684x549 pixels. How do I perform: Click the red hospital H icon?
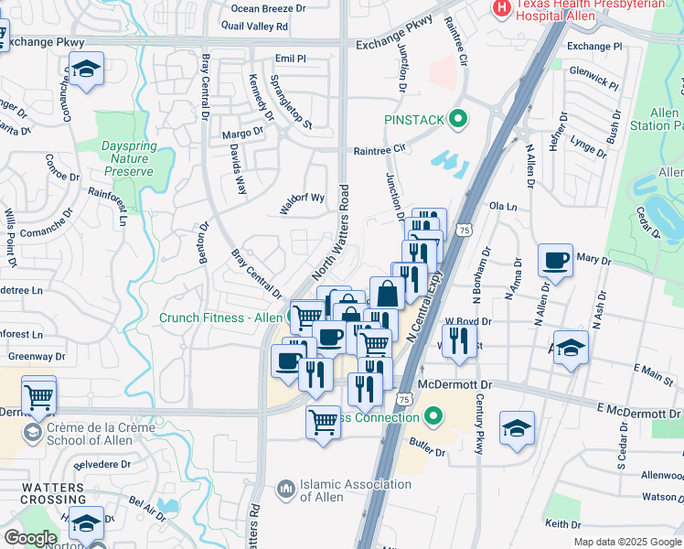pyautogui.click(x=502, y=8)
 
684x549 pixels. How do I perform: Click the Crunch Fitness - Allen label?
pyautogui.click(x=220, y=318)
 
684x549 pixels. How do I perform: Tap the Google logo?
pyautogui.click(x=30, y=538)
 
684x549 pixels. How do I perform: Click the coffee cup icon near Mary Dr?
pyautogui.click(x=556, y=260)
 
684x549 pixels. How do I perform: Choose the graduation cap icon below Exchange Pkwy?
pyautogui.click(x=87, y=70)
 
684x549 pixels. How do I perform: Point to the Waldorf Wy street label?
pyautogui.click(x=303, y=199)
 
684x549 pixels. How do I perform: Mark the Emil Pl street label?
pyautogui.click(x=290, y=58)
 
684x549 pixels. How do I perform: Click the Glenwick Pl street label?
pyautogui.click(x=593, y=80)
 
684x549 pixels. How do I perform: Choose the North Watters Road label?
pyautogui.click(x=331, y=233)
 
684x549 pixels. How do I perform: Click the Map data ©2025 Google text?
pyautogui.click(x=627, y=542)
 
